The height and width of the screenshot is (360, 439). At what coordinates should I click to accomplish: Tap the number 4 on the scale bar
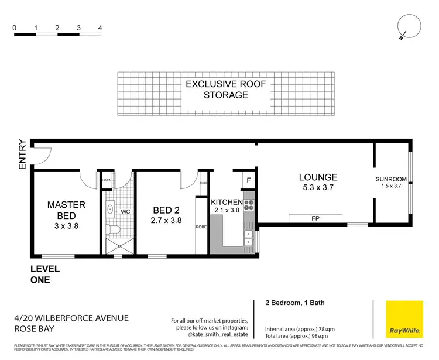(x=100, y=28)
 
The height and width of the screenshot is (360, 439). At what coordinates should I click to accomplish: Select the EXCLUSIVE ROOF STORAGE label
(x=226, y=90)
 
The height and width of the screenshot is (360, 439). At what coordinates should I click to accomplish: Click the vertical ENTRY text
(x=22, y=155)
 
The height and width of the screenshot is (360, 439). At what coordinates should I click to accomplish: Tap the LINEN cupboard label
(x=107, y=180)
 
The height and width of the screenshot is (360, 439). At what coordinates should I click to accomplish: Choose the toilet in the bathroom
(x=115, y=228)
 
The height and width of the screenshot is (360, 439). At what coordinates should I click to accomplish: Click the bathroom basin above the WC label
(x=111, y=208)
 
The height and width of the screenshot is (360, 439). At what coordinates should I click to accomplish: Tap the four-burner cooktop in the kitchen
(x=248, y=205)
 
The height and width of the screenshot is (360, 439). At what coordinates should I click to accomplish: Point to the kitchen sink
(x=248, y=238)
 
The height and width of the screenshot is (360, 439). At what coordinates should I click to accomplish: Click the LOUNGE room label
(x=318, y=177)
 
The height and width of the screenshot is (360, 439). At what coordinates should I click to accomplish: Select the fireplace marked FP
(x=315, y=218)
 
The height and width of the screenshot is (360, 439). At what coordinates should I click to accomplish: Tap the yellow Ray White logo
(x=404, y=320)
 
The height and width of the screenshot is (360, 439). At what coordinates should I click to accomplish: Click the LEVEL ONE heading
(x=45, y=275)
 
